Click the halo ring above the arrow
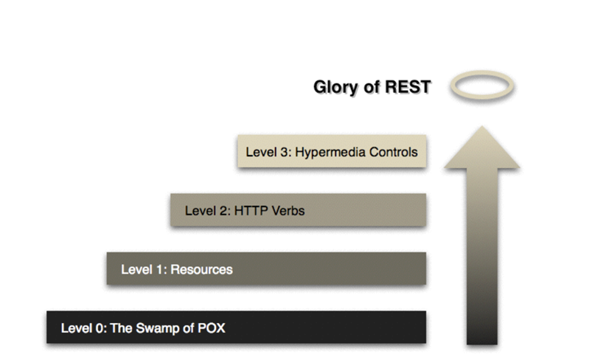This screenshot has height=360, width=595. [481, 86]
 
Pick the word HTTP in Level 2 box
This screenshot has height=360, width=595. [247, 211]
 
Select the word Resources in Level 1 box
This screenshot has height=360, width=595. [201, 269]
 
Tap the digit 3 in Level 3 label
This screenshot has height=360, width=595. [279, 153]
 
